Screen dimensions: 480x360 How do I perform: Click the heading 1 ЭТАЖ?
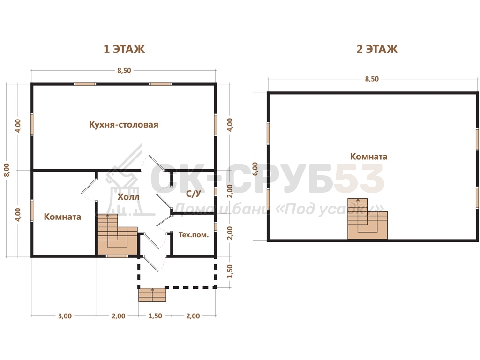coord(124,49)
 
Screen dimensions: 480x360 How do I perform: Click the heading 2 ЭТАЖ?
coord(377,49)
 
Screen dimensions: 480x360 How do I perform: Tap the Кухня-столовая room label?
coord(124,125)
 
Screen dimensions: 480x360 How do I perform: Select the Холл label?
coord(128,197)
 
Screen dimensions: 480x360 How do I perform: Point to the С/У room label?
coord(194,194)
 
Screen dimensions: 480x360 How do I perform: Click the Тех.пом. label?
coord(194,235)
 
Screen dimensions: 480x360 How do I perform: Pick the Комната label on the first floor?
coord(62,217)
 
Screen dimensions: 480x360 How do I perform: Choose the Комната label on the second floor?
coord(369,157)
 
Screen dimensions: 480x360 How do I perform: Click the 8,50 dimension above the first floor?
coord(124,71)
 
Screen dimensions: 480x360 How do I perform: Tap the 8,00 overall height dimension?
coord(7,170)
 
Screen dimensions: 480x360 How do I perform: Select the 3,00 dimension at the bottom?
coord(65,316)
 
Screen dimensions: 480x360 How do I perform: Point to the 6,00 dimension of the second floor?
coord(255,169)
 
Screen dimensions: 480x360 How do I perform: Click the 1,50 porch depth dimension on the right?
coord(230,271)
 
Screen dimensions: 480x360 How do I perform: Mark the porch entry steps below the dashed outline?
coord(152,295)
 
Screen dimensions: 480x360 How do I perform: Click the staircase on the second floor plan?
coord(367,219)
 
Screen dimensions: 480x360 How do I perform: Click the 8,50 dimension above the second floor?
coord(372,79)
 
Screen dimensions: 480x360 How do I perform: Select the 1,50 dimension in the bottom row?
coord(155,316)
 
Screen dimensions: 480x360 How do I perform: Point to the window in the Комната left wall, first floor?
coord(32,210)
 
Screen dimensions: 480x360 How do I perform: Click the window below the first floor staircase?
coord(117,256)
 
